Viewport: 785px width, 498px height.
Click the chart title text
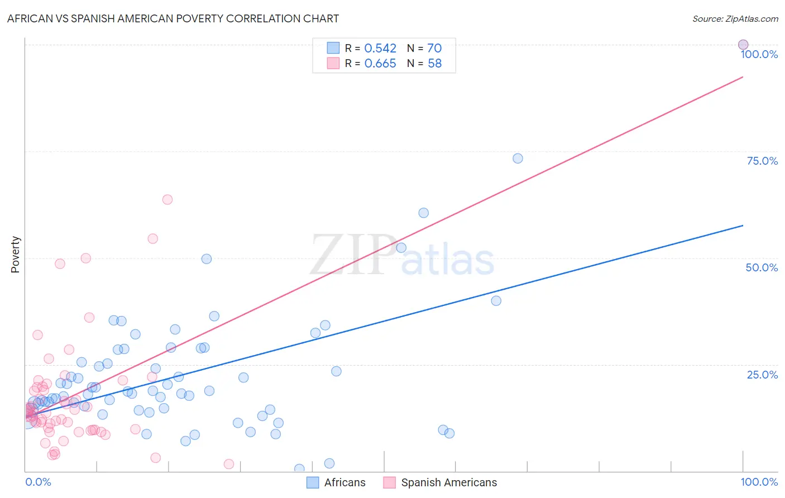173,18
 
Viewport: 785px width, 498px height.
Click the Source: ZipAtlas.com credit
735,18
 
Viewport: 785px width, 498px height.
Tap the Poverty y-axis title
15,255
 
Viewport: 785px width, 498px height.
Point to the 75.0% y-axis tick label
762,161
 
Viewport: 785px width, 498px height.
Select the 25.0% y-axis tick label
762,375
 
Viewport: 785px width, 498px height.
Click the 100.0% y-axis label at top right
759,54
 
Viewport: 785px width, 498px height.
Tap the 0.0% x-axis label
38,482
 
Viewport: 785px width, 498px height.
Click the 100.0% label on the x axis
759,482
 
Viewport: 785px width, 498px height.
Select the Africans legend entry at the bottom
337,482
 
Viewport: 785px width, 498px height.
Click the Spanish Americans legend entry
441,482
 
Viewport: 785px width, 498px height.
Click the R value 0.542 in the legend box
380,48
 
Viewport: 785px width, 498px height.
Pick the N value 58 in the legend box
434,63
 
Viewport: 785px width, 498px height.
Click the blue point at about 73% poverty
518,159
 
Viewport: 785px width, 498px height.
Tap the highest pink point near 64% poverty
167,199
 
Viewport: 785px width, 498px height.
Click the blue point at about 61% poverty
424,213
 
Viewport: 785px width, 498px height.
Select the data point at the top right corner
743,45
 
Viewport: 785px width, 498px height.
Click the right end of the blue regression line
743,226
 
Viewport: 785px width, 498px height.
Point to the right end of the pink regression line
743,77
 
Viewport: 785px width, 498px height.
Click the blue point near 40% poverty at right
496,301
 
